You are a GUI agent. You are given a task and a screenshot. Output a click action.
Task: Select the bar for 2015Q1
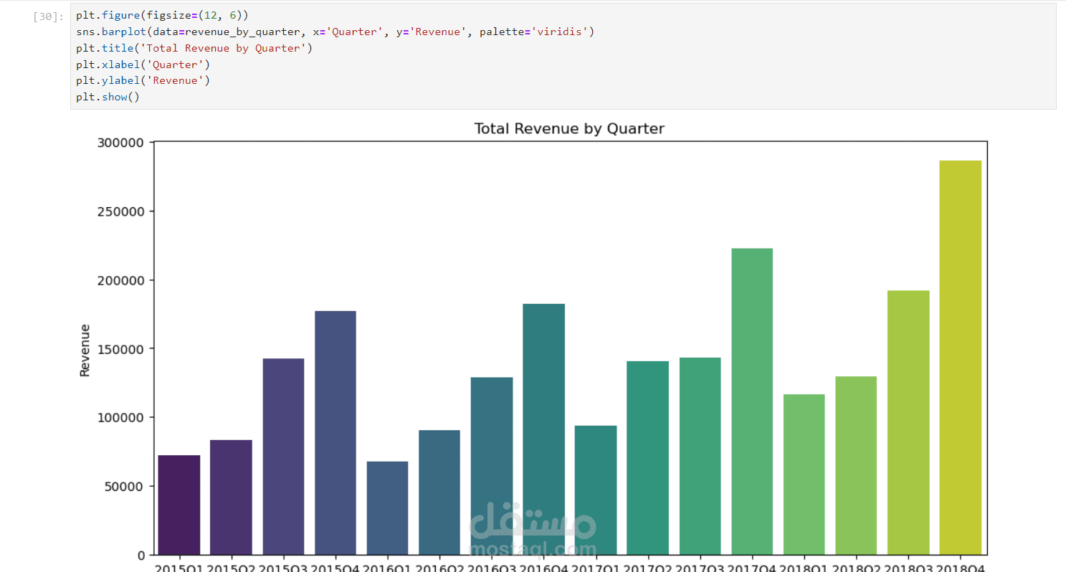pyautogui.click(x=179, y=505)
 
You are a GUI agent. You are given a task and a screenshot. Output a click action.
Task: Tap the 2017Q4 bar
pyautogui.click(x=752, y=401)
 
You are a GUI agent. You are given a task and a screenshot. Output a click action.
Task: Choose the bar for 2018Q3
pyautogui.click(x=908, y=422)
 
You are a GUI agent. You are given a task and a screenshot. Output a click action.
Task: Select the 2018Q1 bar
pyautogui.click(x=804, y=474)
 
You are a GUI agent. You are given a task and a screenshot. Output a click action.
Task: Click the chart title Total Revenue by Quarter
pyautogui.click(x=569, y=129)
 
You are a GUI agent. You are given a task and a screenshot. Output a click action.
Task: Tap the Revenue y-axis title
pyautogui.click(x=85, y=350)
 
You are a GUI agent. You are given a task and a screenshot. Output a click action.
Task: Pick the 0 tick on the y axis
pyautogui.click(x=142, y=555)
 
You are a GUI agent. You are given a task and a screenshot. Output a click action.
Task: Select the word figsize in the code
pyautogui.click(x=168, y=16)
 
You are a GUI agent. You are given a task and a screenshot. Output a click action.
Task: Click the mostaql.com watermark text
pyautogui.click(x=533, y=549)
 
